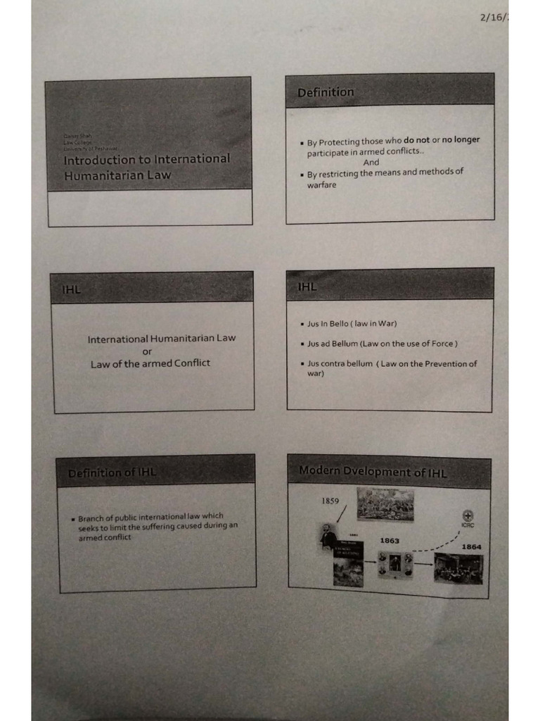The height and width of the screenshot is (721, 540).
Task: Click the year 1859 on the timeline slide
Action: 330,501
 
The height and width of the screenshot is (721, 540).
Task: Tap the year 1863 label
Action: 390,540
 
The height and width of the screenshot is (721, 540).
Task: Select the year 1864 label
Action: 471,546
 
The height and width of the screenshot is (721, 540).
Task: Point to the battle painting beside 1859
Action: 385,505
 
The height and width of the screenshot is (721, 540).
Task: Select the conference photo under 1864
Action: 458,569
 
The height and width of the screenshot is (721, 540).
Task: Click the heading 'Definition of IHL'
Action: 112,473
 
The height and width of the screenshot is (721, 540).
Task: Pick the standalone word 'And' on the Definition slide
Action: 371,163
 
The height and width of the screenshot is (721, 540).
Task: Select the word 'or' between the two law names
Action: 147,351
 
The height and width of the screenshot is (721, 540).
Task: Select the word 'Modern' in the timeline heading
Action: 320,470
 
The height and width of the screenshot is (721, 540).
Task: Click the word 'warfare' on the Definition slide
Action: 321,185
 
